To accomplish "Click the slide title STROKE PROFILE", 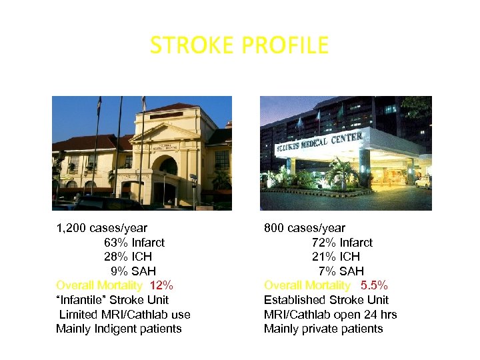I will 239,45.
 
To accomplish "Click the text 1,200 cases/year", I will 101,229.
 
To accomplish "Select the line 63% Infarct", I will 134,243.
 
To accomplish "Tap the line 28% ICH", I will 127,257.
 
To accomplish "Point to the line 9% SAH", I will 133,271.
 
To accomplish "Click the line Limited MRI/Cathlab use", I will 125,315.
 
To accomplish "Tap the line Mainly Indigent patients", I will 119,329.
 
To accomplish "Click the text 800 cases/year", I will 305,229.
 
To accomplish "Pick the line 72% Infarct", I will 342,243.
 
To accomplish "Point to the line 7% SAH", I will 341,271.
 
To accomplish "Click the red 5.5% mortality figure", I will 374,285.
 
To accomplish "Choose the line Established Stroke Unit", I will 326,300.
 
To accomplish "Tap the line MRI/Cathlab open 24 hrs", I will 330,315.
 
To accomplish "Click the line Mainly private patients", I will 323,329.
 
